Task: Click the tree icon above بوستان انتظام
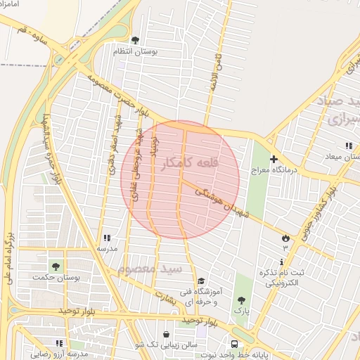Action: [135, 40]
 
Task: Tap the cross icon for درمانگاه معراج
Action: [274, 160]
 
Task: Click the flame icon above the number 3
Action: [285, 238]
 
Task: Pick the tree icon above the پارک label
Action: [243, 300]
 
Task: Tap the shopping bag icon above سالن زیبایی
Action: [165, 335]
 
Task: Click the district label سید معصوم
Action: [150, 269]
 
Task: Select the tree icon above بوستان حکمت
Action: [56, 266]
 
